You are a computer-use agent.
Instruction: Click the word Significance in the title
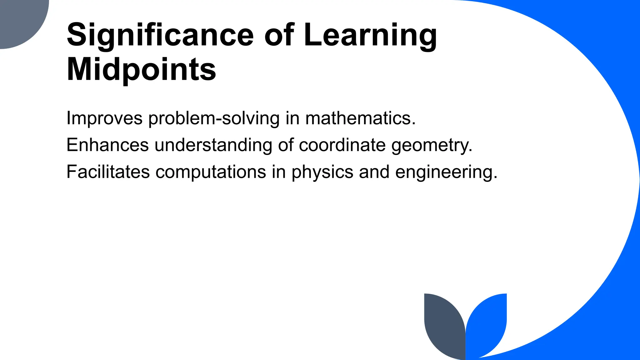(x=160, y=35)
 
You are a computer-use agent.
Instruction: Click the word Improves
(x=104, y=119)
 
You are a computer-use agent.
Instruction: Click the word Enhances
(x=107, y=145)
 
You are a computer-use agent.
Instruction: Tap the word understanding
(x=213, y=145)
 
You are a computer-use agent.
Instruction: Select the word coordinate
(x=342, y=145)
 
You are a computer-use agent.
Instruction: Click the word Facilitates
(x=108, y=172)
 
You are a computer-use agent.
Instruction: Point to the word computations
(x=211, y=172)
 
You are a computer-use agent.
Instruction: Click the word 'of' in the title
(x=279, y=35)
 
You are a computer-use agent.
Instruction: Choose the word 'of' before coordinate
(x=286, y=145)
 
